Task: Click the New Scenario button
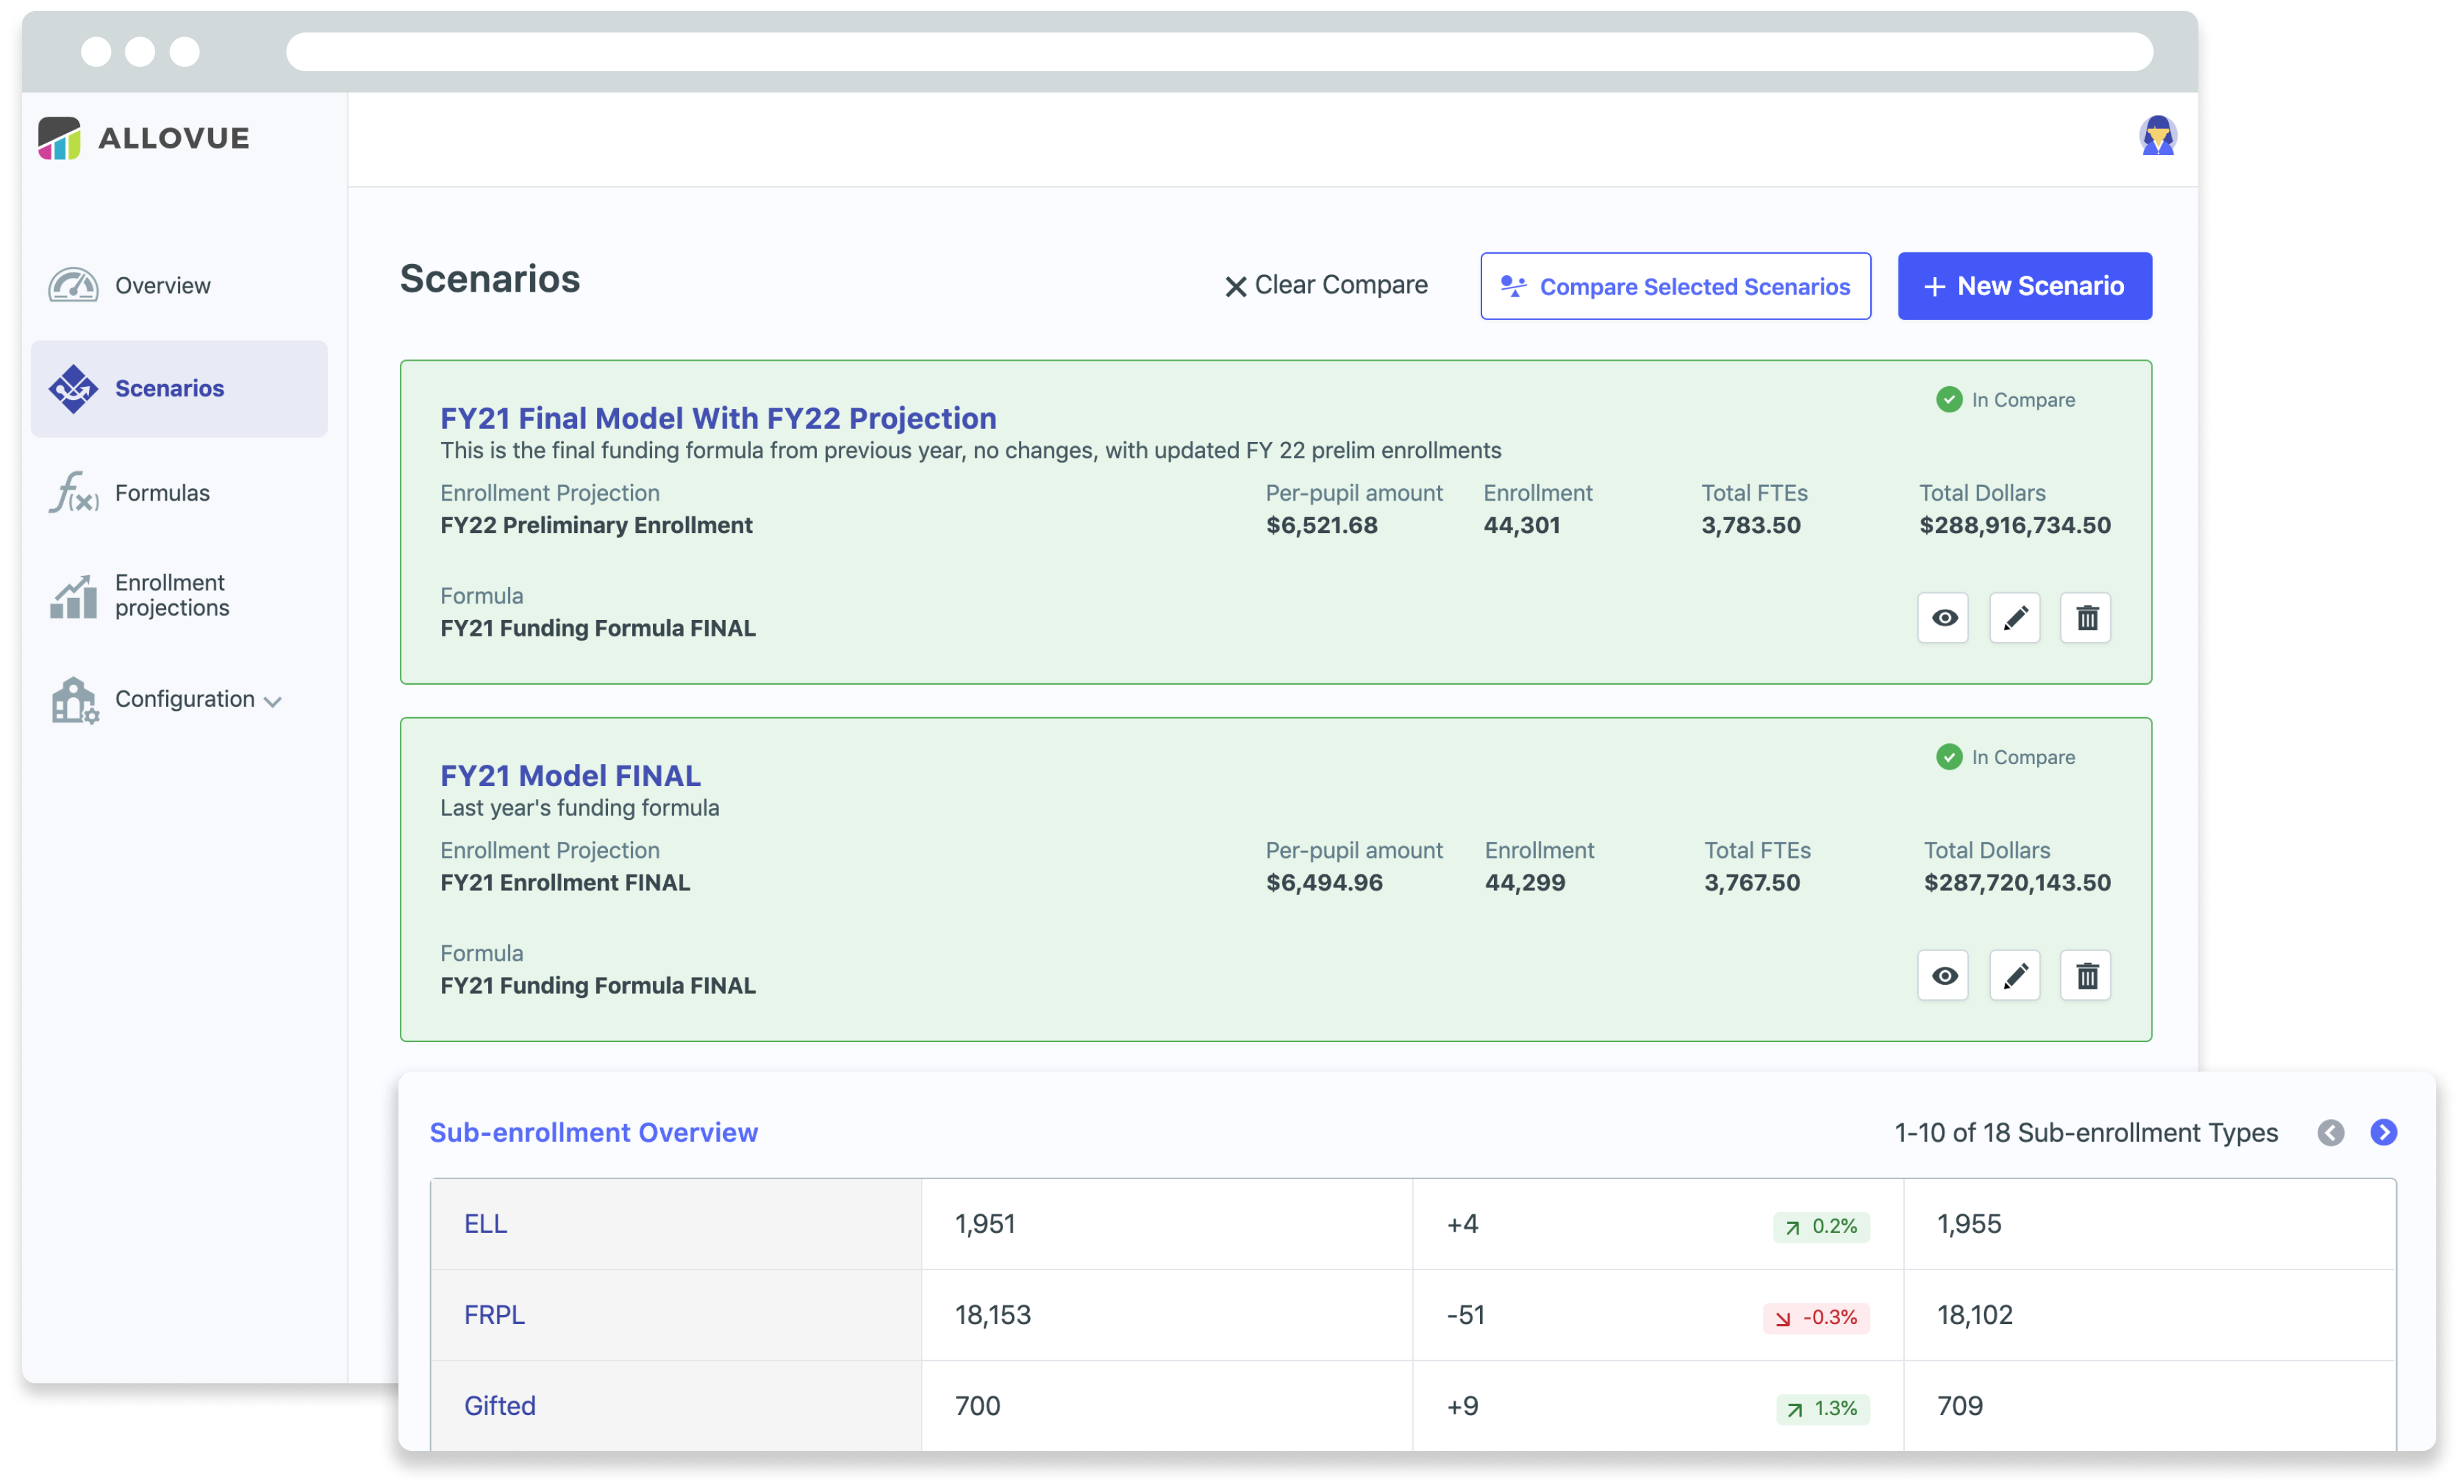[2024, 286]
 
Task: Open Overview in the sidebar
[162, 285]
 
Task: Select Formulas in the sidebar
[162, 493]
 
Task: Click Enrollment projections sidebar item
[171, 595]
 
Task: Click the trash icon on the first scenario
[2086, 618]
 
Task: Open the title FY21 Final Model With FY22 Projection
[718, 418]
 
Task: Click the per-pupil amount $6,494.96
[1324, 883]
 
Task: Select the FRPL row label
[494, 1315]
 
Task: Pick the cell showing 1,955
[1968, 1225]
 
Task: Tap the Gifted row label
[499, 1406]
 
